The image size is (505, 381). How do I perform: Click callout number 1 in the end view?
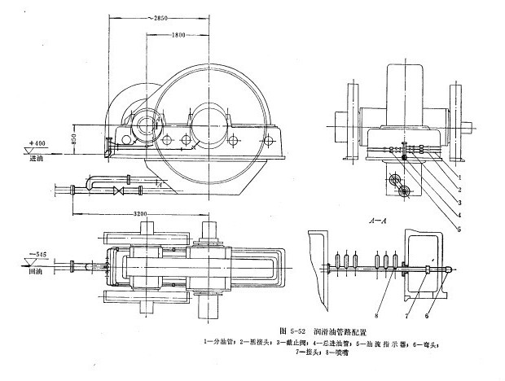[x=460, y=175]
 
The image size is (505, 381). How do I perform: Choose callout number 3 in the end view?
[x=460, y=201]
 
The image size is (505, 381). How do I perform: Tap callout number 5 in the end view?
[x=460, y=229]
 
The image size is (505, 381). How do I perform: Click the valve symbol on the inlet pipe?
[x=120, y=191]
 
